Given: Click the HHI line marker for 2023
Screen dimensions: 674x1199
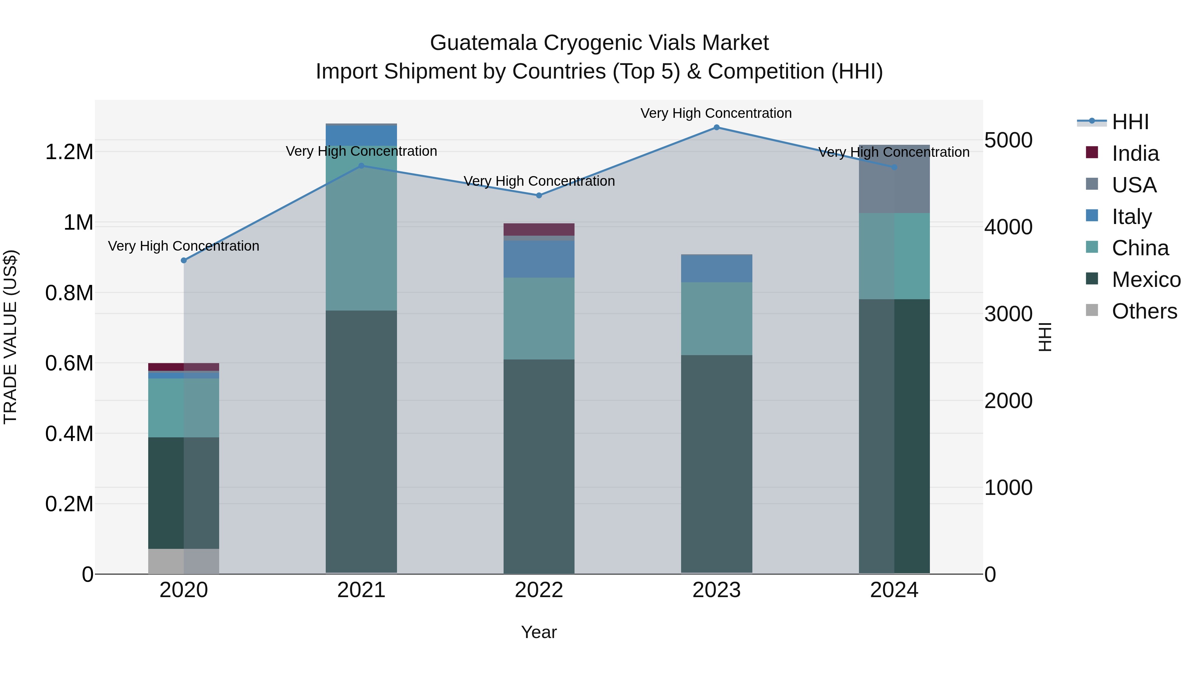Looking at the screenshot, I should (x=716, y=127).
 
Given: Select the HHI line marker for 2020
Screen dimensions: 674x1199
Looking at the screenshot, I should (x=184, y=261).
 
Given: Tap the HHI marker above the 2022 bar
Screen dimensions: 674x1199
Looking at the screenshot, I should (x=539, y=196).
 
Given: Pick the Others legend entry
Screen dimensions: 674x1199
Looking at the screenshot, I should (x=1144, y=311).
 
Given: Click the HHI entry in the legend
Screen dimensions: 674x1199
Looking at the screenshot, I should (x=1130, y=122).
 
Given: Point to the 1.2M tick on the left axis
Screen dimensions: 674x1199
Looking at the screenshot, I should (x=69, y=152).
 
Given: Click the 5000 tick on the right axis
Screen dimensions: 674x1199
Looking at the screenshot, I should (x=1008, y=140).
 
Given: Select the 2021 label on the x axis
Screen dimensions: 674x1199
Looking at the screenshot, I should (x=361, y=590).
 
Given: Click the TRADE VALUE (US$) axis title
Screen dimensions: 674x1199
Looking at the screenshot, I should (x=10, y=337).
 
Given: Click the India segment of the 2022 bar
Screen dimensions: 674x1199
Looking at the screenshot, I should (x=539, y=229).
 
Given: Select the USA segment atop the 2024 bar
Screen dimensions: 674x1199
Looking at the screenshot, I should (x=894, y=179).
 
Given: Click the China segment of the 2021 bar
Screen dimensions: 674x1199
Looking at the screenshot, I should (x=361, y=228).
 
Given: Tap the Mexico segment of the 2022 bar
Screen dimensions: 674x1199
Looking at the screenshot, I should (x=539, y=465).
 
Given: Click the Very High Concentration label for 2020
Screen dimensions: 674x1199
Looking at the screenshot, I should (x=184, y=246).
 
